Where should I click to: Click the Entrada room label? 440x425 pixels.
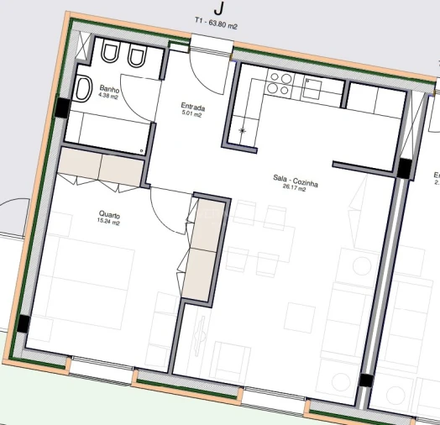point(193,107)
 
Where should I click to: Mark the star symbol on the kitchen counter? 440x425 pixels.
point(243,130)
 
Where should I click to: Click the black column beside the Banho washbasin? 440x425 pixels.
point(63,108)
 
